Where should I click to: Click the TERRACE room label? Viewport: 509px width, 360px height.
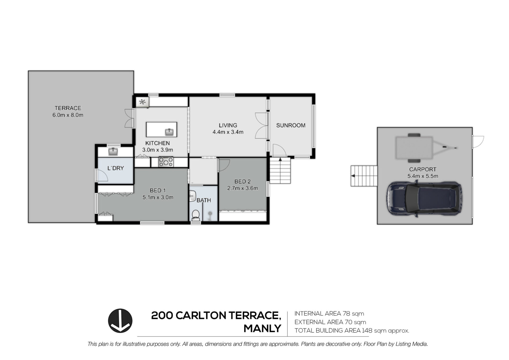(68, 108)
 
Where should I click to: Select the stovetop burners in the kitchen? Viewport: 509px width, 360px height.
(166, 162)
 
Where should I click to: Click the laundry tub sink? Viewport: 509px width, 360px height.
(113, 152)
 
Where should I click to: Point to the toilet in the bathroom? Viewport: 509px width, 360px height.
(196, 215)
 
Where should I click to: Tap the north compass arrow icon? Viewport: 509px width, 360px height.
(120, 321)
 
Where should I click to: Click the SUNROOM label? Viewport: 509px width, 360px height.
(291, 125)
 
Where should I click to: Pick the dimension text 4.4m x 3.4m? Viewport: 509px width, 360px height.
(228, 132)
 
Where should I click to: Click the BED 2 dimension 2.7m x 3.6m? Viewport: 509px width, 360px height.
(243, 188)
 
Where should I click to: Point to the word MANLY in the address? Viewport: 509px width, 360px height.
(262, 328)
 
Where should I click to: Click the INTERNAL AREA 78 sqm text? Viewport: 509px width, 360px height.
(329, 314)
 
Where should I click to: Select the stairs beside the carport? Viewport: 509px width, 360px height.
(364, 176)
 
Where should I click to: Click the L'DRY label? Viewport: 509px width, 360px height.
(116, 168)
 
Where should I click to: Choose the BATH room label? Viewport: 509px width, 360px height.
(204, 200)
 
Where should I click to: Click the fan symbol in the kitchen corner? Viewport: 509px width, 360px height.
(143, 102)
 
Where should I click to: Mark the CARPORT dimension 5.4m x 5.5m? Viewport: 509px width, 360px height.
(423, 176)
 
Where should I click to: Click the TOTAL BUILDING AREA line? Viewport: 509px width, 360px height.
(352, 331)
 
